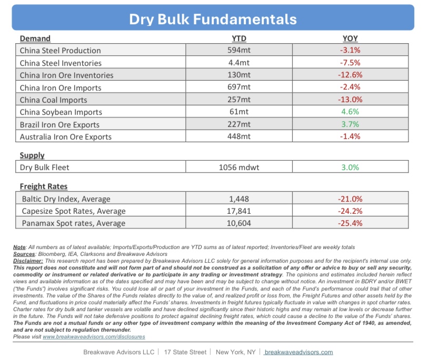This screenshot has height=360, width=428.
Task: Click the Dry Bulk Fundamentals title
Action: [213, 19]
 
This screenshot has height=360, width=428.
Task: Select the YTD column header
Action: [239, 38]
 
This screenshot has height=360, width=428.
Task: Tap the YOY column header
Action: [350, 38]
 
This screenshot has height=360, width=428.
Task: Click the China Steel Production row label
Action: [61, 51]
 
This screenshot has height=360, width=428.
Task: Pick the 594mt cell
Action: [239, 50]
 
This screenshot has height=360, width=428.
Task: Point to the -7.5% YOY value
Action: [350, 63]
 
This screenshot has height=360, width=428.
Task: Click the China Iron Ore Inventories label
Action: [67, 75]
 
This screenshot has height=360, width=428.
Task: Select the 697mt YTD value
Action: [239, 87]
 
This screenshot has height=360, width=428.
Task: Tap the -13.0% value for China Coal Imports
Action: [350, 99]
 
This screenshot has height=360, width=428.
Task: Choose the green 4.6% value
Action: [350, 112]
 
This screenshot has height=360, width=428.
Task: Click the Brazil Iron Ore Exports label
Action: [60, 125]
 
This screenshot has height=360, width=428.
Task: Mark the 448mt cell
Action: [239, 136]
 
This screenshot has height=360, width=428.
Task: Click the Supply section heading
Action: [32, 155]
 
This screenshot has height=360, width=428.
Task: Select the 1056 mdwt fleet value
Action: [239, 167]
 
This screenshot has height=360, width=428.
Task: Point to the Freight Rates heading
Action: [44, 186]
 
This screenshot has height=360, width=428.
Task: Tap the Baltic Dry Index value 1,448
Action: [239, 199]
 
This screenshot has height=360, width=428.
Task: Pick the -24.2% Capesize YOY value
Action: [350, 211]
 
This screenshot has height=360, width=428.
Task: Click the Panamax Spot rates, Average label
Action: [74, 223]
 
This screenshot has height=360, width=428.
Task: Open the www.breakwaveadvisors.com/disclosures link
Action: [94, 336]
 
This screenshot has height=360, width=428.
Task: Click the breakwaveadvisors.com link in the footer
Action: [298, 352]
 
